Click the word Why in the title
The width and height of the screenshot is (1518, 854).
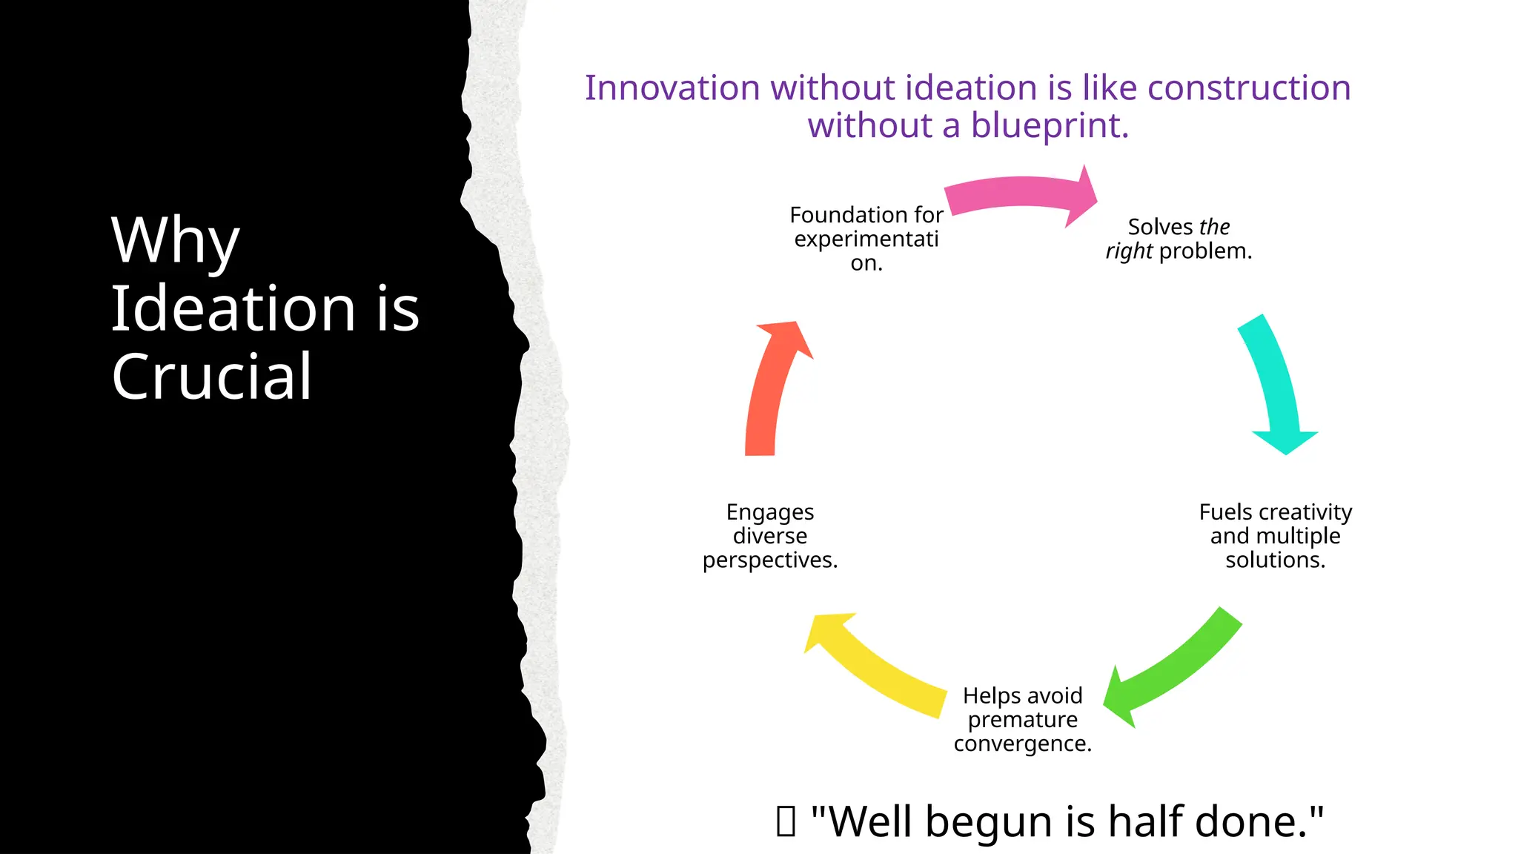coord(175,240)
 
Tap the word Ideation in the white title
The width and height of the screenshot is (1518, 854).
coord(233,308)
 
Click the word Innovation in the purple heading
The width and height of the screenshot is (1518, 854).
coord(672,88)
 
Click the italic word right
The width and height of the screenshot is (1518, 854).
coord(1128,251)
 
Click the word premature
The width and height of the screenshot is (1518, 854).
coord(1022,720)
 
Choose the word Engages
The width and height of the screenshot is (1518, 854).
coord(769,512)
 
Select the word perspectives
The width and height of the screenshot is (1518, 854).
coord(769,560)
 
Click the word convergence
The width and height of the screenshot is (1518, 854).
coord(1022,744)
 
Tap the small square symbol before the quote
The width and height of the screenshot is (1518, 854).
coord(786,821)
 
